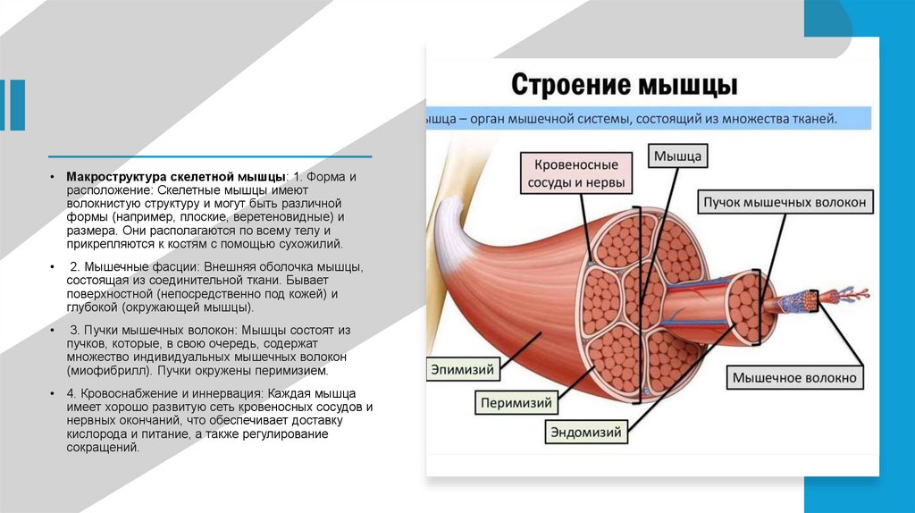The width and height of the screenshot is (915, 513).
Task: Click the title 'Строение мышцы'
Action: click(x=624, y=87)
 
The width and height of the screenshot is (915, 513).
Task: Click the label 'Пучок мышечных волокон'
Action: click(x=784, y=203)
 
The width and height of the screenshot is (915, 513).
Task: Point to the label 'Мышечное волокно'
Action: click(x=793, y=378)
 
